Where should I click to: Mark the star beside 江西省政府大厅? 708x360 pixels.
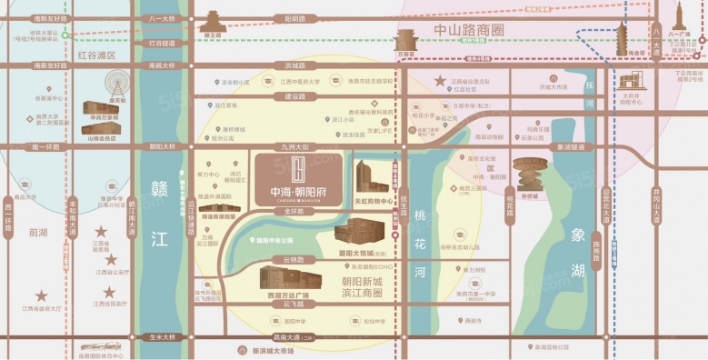(40, 296)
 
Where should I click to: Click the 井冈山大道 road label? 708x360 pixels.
(681, 208)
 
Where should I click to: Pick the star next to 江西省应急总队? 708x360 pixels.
(110, 293)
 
